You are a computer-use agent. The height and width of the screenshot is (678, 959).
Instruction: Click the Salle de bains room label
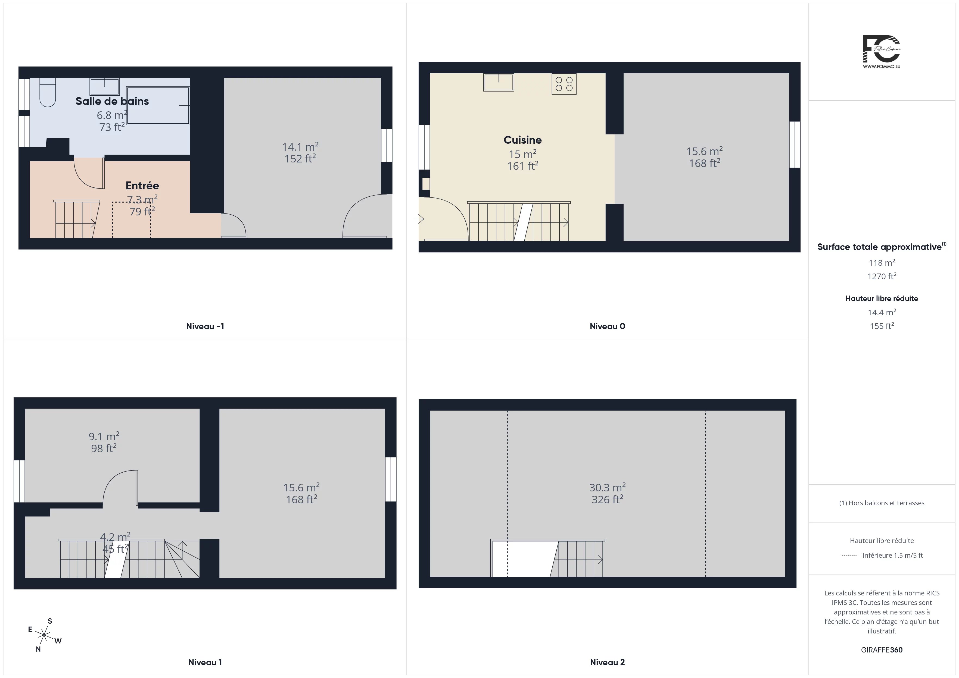[x=112, y=101]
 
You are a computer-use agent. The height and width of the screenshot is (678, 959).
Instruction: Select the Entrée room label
[x=142, y=185]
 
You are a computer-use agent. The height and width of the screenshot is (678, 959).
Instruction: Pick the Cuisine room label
[x=522, y=140]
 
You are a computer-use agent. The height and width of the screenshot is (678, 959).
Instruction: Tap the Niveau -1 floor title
[x=205, y=327]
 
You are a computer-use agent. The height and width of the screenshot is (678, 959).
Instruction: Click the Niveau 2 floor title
[x=607, y=662]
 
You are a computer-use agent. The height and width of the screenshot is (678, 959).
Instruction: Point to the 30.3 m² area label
[x=607, y=487]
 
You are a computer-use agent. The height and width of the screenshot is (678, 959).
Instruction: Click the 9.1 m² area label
[x=104, y=436]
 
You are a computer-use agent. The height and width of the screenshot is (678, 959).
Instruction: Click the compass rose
[x=43, y=635]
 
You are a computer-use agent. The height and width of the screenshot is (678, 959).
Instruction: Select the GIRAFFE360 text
[x=882, y=650]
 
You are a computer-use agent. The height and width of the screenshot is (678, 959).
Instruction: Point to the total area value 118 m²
[x=882, y=263]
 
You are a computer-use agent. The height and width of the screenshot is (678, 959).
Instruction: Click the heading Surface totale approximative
[x=879, y=247]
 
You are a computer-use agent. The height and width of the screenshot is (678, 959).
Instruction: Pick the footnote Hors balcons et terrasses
[x=882, y=503]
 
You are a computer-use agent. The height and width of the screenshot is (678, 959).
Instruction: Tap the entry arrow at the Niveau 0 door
[x=419, y=219]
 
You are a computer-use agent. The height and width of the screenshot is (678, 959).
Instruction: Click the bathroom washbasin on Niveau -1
[x=104, y=86]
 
